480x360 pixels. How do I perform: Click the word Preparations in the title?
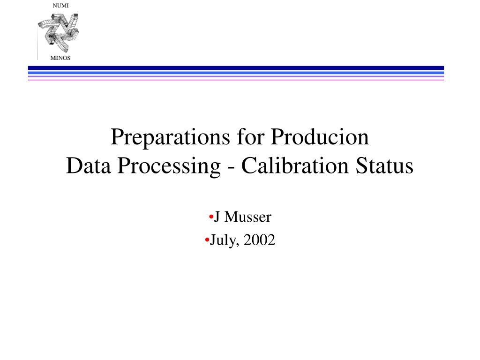[170, 137]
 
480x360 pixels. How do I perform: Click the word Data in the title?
[89, 165]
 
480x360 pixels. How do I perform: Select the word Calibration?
[295, 165]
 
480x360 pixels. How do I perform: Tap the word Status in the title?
[384, 165]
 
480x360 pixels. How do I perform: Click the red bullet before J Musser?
[211, 217]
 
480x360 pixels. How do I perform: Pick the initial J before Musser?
[217, 217]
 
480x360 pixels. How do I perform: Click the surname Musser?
[247, 217]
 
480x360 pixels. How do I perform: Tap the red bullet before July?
[207, 240]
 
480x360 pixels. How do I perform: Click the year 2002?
[259, 240]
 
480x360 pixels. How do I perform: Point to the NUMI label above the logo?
[60, 6]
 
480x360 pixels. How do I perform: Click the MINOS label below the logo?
[60, 58]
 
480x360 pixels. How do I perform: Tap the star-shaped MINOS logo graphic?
[58, 33]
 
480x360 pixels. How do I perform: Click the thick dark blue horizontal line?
[236, 68]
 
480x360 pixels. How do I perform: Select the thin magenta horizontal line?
[236, 80]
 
